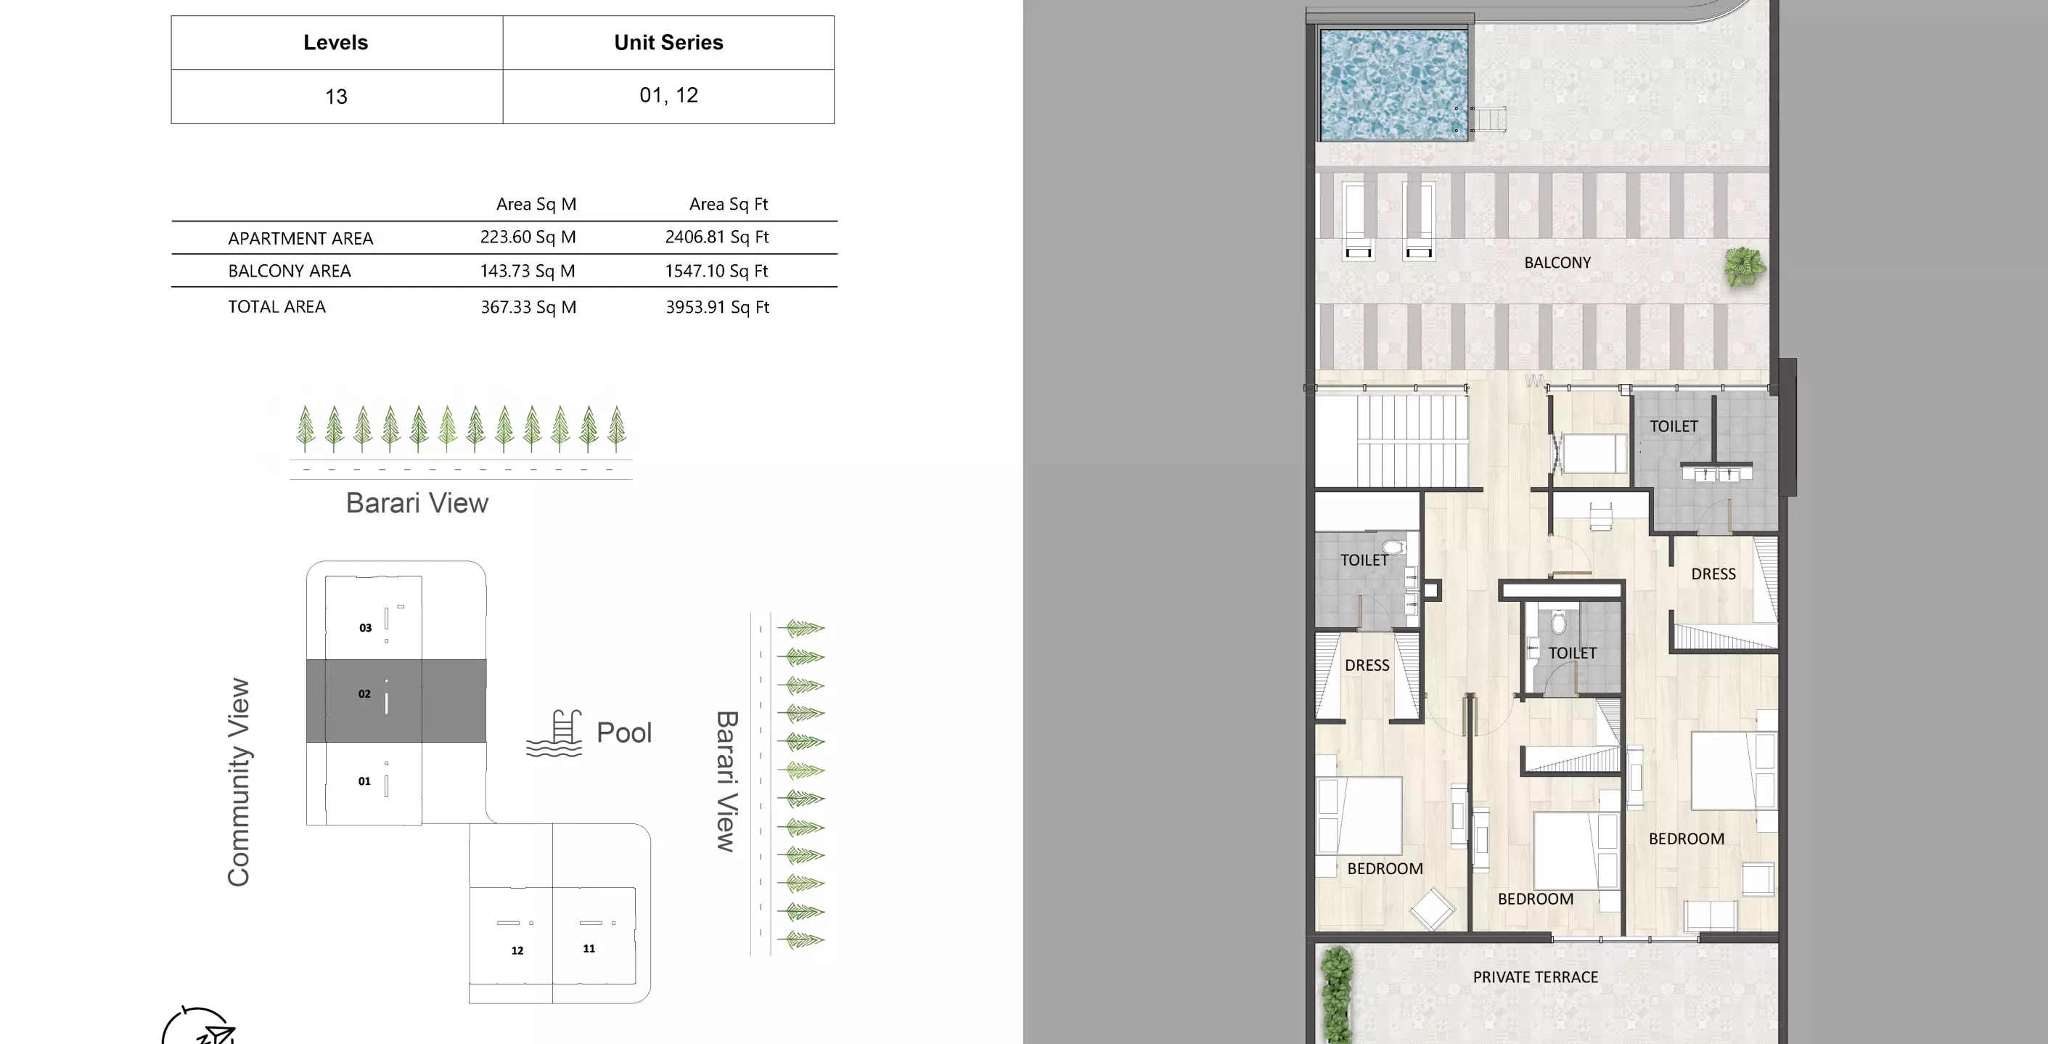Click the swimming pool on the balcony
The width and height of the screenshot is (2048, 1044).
tap(1393, 85)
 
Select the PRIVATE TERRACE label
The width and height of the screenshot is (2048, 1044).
tap(1534, 977)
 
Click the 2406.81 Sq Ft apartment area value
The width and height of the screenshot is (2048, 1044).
tap(716, 237)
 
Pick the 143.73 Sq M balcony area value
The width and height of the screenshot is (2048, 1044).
tap(527, 271)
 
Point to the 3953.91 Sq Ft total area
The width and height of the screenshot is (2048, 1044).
tap(717, 307)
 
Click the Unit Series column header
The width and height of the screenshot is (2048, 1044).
tap(668, 43)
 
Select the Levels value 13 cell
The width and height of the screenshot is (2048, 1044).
tap(335, 97)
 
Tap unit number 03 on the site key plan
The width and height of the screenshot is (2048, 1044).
tap(365, 628)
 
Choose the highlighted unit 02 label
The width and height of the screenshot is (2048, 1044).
tap(364, 694)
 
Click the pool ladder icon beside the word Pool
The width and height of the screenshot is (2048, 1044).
tap(555, 733)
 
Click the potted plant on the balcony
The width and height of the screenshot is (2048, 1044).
tap(1745, 266)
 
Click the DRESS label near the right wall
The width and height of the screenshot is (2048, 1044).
tap(1713, 574)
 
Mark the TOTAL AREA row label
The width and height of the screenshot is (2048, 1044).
tap(277, 307)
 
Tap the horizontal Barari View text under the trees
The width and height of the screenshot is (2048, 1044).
tap(417, 503)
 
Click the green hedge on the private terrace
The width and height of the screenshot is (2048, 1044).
tap(1337, 994)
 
